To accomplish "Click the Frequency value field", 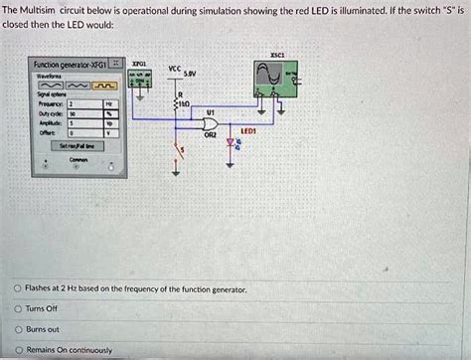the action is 77,103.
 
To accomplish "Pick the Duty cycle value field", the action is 77,113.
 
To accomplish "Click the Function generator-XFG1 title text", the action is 64,64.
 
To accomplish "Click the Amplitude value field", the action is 77,122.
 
